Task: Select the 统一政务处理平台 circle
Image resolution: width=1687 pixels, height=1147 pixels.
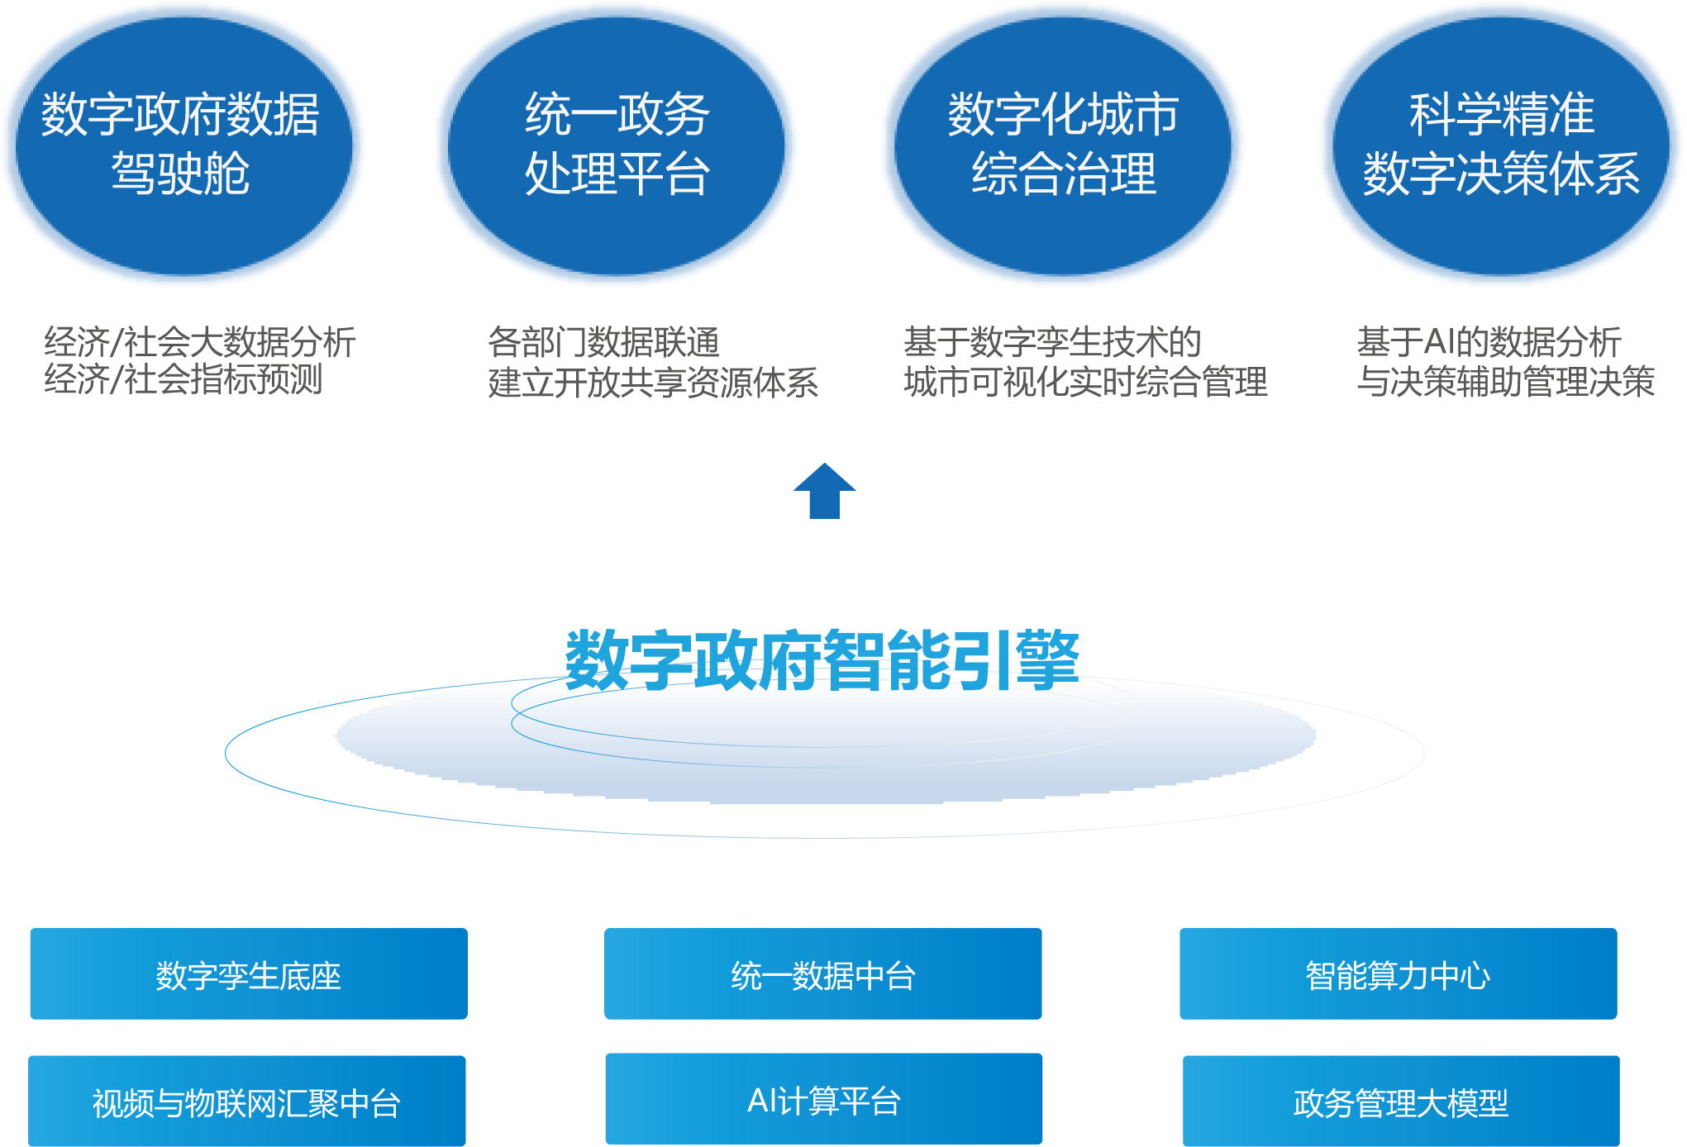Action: click(617, 145)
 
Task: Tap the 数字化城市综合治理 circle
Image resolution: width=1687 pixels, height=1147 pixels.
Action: click(1063, 145)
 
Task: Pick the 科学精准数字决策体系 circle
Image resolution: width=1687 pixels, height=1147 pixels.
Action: click(1501, 145)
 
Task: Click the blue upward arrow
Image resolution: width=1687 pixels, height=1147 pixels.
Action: click(824, 491)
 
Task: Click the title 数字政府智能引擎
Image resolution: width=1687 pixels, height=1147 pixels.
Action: click(822, 659)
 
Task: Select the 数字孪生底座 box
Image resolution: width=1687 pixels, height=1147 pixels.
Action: click(249, 974)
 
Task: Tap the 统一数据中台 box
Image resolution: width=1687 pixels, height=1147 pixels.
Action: click(823, 974)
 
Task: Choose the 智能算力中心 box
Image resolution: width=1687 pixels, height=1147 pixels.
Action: click(1398, 974)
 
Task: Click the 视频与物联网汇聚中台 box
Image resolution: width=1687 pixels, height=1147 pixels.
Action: click(247, 1102)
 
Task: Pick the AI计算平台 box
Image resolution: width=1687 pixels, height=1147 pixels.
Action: click(823, 1099)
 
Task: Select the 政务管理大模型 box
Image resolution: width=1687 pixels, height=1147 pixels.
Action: click(1401, 1102)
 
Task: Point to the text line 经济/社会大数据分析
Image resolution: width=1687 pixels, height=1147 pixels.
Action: click(200, 341)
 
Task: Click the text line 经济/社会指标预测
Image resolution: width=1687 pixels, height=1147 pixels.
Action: click(183, 379)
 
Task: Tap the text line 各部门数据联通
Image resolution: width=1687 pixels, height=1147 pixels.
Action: click(603, 341)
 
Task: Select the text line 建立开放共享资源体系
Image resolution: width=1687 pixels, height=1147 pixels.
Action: click(653, 382)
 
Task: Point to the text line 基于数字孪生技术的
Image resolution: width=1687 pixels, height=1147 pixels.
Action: click(1052, 341)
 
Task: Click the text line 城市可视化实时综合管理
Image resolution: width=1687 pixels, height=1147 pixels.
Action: click(1085, 382)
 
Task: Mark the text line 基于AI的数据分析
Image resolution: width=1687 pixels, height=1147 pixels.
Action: click(1489, 341)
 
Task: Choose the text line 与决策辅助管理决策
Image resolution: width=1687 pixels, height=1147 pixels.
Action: click(1505, 382)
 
